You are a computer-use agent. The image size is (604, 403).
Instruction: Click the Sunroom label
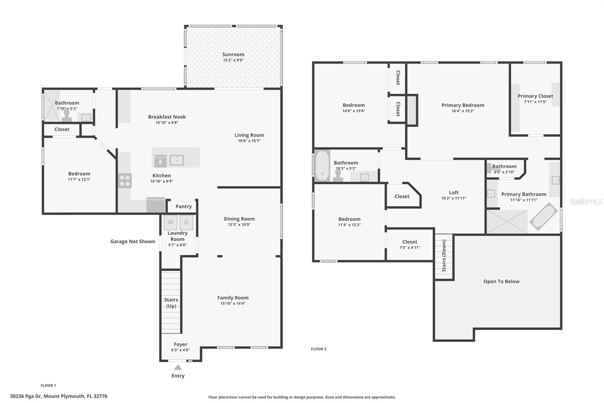tap(233, 54)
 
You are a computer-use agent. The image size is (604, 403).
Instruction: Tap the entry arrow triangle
tap(178, 367)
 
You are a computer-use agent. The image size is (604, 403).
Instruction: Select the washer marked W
tap(170, 222)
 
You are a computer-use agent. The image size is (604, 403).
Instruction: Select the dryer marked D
tap(186, 222)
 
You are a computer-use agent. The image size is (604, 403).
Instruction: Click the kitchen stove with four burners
tap(125, 181)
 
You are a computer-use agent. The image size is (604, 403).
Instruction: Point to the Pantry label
tap(183, 206)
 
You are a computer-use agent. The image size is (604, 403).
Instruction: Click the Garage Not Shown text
tap(133, 242)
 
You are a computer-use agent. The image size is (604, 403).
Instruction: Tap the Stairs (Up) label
tap(171, 303)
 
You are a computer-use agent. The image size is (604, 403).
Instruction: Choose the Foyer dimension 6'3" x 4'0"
tap(180, 350)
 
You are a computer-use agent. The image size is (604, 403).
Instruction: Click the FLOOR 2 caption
tap(319, 349)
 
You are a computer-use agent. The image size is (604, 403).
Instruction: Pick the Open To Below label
tap(501, 281)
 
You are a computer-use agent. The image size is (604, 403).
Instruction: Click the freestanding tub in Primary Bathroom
tap(544, 217)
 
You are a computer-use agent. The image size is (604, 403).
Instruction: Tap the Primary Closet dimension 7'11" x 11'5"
tap(535, 102)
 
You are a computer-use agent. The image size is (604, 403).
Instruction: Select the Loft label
tap(454, 192)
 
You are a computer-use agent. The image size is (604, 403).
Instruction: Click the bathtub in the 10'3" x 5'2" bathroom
tap(322, 166)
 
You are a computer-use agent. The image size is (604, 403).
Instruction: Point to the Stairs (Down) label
tap(444, 256)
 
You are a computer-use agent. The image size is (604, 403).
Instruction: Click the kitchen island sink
tap(177, 160)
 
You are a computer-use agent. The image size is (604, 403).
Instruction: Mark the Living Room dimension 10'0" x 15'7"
tap(249, 141)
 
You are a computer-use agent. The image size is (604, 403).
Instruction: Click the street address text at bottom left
tap(59, 396)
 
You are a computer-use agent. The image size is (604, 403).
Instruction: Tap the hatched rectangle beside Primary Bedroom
tap(411, 110)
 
